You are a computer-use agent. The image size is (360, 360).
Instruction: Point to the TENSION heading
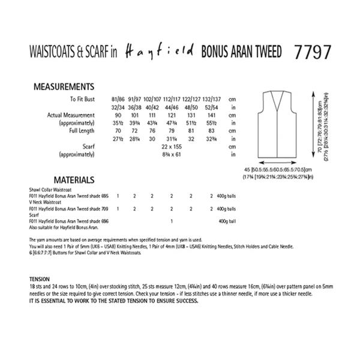pos(42,280)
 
